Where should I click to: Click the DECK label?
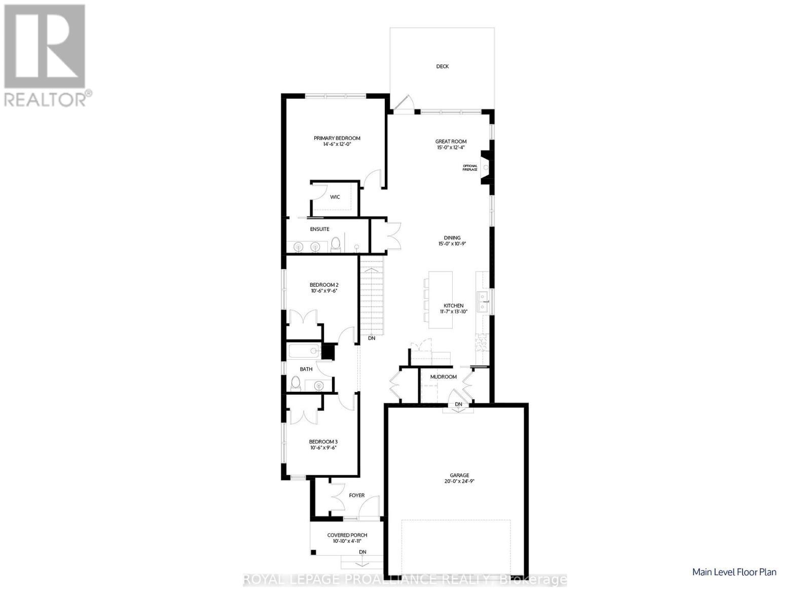coord(442,66)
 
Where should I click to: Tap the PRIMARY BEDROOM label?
coord(337,138)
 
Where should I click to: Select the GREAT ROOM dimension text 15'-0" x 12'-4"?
coord(451,147)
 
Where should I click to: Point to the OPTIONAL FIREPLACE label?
coord(470,168)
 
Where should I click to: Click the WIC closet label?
coord(335,197)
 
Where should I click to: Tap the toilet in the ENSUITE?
coord(336,244)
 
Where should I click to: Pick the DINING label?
coord(452,238)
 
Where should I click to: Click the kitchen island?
coord(440,300)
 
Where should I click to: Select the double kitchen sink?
coord(483,302)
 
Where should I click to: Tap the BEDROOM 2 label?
coord(324,285)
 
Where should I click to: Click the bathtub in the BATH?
coord(305,351)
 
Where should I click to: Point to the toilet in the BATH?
coord(296,384)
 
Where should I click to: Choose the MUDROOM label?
coord(443,377)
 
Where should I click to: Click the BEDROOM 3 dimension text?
coord(323,447)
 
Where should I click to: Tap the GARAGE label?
coord(459,475)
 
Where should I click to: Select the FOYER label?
coord(356,495)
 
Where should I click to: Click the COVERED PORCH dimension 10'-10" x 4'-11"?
coord(347,541)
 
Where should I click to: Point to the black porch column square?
coord(313,552)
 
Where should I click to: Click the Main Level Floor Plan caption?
coord(734,572)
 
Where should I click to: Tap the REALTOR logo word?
coord(45,99)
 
